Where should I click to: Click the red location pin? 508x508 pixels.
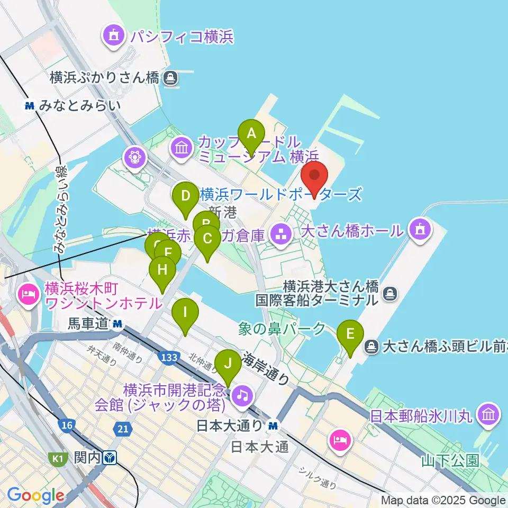click(314, 178)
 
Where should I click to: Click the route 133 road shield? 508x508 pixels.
click(169, 358)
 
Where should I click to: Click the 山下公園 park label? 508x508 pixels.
click(450, 460)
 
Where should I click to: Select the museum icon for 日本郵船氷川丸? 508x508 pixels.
click(488, 414)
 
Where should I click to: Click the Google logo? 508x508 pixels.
click(35, 496)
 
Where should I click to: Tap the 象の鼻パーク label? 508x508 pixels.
click(282, 329)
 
